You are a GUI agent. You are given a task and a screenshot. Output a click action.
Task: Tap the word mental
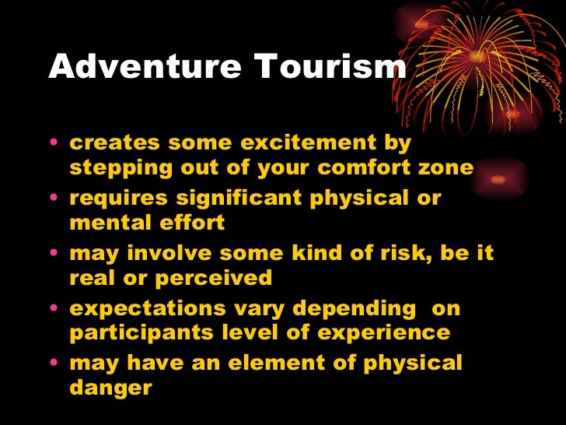pyautogui.click(x=107, y=223)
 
